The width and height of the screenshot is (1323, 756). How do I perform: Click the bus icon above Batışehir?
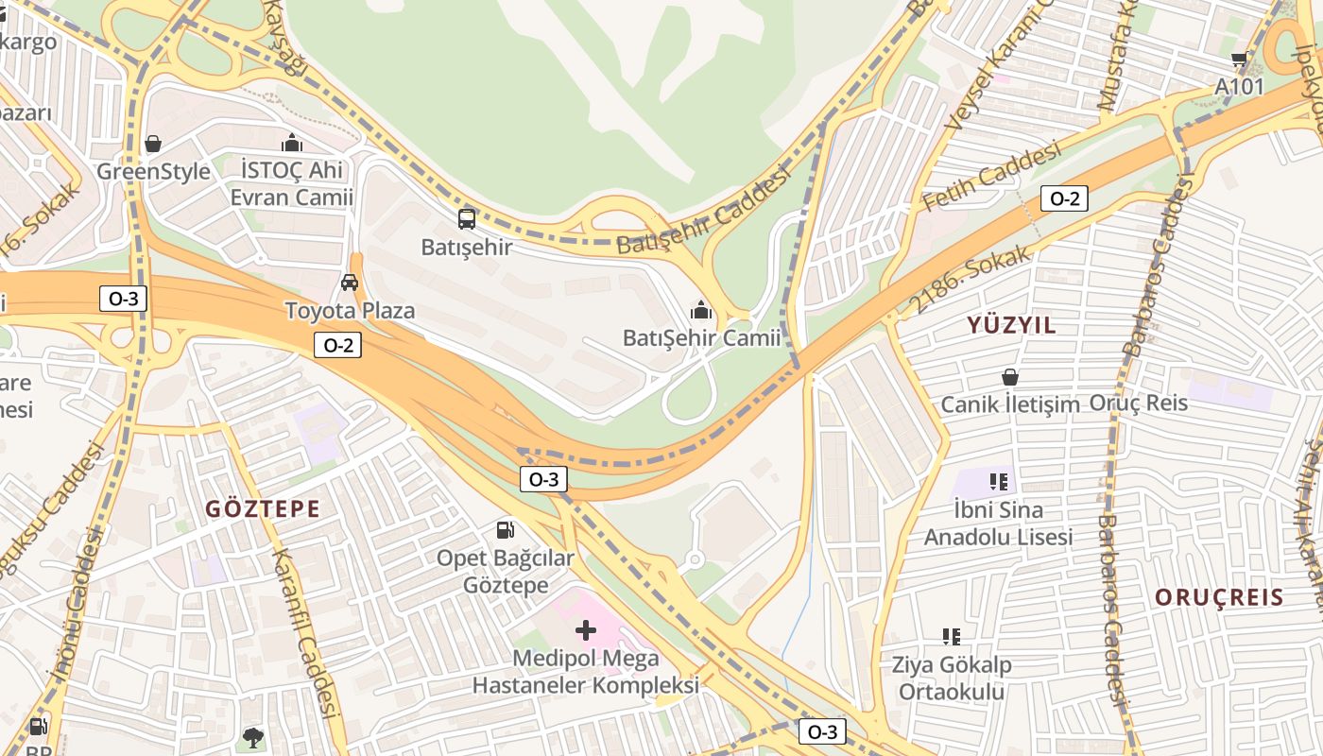point(467,219)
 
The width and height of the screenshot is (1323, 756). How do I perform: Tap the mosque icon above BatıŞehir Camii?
point(700,309)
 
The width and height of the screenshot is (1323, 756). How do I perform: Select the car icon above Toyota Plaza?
point(350,282)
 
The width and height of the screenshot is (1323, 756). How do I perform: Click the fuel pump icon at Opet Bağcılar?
point(506,530)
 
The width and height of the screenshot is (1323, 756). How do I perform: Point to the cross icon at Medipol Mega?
point(586,629)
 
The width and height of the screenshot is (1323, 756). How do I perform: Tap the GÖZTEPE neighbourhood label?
point(264,508)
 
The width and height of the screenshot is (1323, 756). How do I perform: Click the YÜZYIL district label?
point(1011,325)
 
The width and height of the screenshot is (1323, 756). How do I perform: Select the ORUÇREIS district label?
point(1219,597)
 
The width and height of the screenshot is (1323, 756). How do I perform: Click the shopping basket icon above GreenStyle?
point(153,144)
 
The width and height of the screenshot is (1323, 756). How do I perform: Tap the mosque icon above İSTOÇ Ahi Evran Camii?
point(292,143)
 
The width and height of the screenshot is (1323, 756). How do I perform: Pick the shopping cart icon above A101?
point(1239,60)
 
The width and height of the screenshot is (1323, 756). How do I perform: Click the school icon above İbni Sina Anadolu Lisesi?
point(999,482)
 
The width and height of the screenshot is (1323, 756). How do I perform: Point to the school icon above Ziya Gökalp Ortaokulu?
point(952,637)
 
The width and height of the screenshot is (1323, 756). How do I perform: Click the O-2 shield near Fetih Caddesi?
point(1064,198)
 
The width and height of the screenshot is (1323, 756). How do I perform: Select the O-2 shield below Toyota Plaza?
point(337,345)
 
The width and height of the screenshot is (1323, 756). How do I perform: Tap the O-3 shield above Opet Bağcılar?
point(542,479)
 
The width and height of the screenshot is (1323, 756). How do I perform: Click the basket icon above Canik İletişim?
point(1010,377)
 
